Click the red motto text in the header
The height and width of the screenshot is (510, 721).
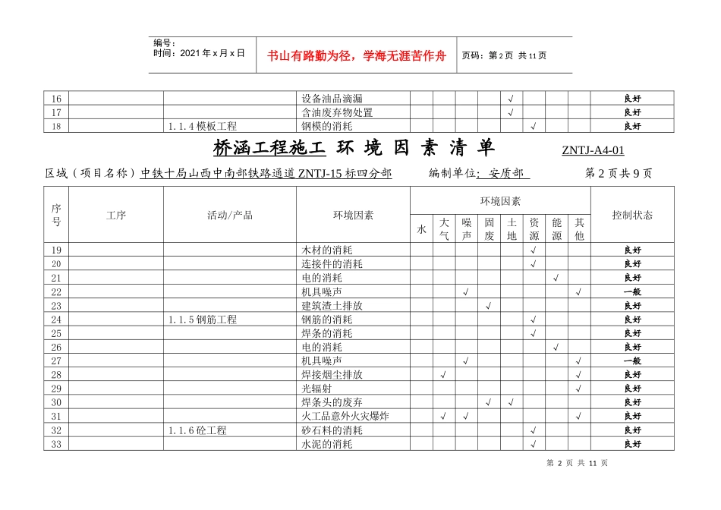357,55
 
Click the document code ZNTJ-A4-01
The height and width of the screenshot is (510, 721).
593,150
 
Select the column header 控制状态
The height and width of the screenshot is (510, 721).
632,216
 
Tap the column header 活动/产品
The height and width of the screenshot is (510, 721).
229,216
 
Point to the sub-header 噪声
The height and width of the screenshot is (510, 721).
467,229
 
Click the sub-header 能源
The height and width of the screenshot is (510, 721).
556,229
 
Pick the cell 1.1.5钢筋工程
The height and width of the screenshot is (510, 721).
203,320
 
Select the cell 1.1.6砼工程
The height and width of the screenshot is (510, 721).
197,430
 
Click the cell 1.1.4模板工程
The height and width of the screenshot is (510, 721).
203,126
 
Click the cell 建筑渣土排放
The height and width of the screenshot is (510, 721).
332,306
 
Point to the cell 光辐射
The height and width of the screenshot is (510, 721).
316,389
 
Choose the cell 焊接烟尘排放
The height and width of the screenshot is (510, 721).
332,375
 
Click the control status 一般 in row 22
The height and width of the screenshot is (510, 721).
632,292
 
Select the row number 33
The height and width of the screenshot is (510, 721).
56,444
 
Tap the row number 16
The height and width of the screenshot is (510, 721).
56,99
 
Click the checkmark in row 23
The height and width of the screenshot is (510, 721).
489,306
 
